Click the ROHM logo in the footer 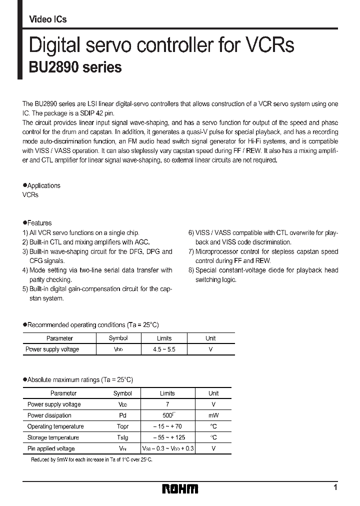pyautogui.click(x=180, y=488)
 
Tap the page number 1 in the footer pyautogui.click(x=335, y=487)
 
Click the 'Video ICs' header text pyautogui.click(x=48, y=19)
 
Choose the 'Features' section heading pyautogui.click(x=39, y=223)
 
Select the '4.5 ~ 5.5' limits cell pyautogui.click(x=164, y=349)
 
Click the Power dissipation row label pyautogui.click(x=49, y=415)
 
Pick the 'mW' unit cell pyautogui.click(x=213, y=415)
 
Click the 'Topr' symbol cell pyautogui.click(x=122, y=426)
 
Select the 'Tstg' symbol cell pyautogui.click(x=122, y=437)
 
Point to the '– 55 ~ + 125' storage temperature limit pyautogui.click(x=167, y=437)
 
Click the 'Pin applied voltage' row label pyautogui.click(x=51, y=448)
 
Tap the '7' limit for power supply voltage pyautogui.click(x=167, y=404)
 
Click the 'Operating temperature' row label pyautogui.click(x=55, y=426)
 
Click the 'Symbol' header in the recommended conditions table pyautogui.click(x=118, y=338)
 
